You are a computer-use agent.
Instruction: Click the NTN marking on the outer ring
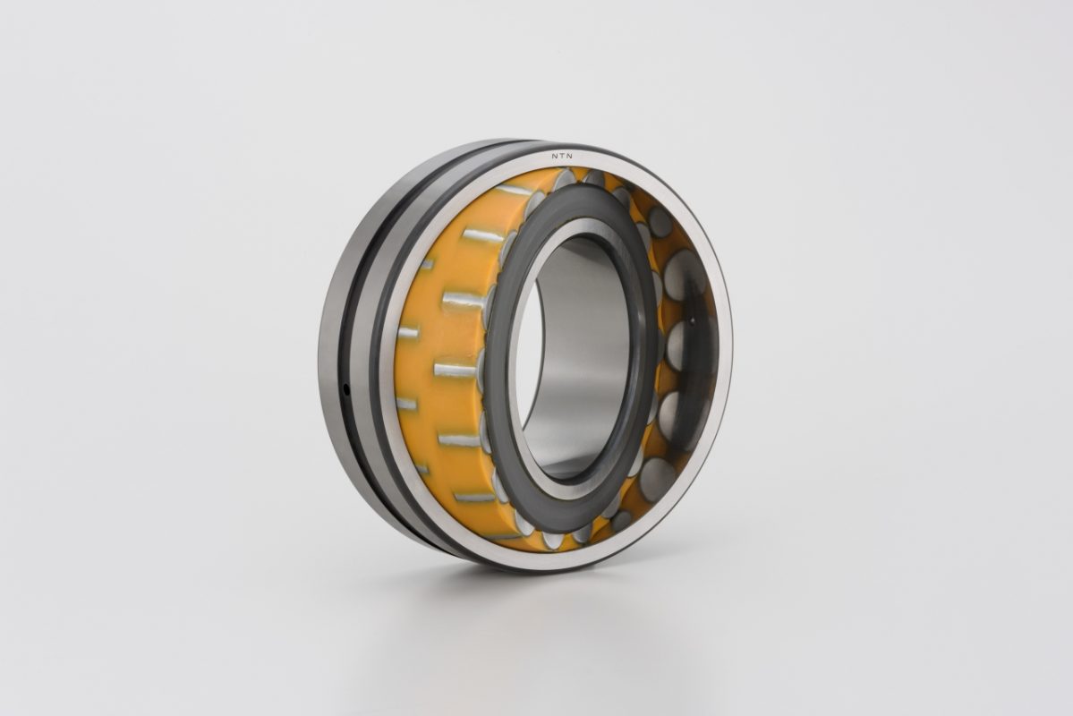(564, 156)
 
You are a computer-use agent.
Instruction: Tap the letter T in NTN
(564, 156)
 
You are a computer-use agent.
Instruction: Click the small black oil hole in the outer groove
(346, 390)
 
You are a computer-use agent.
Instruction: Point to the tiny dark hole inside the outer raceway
(692, 319)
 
